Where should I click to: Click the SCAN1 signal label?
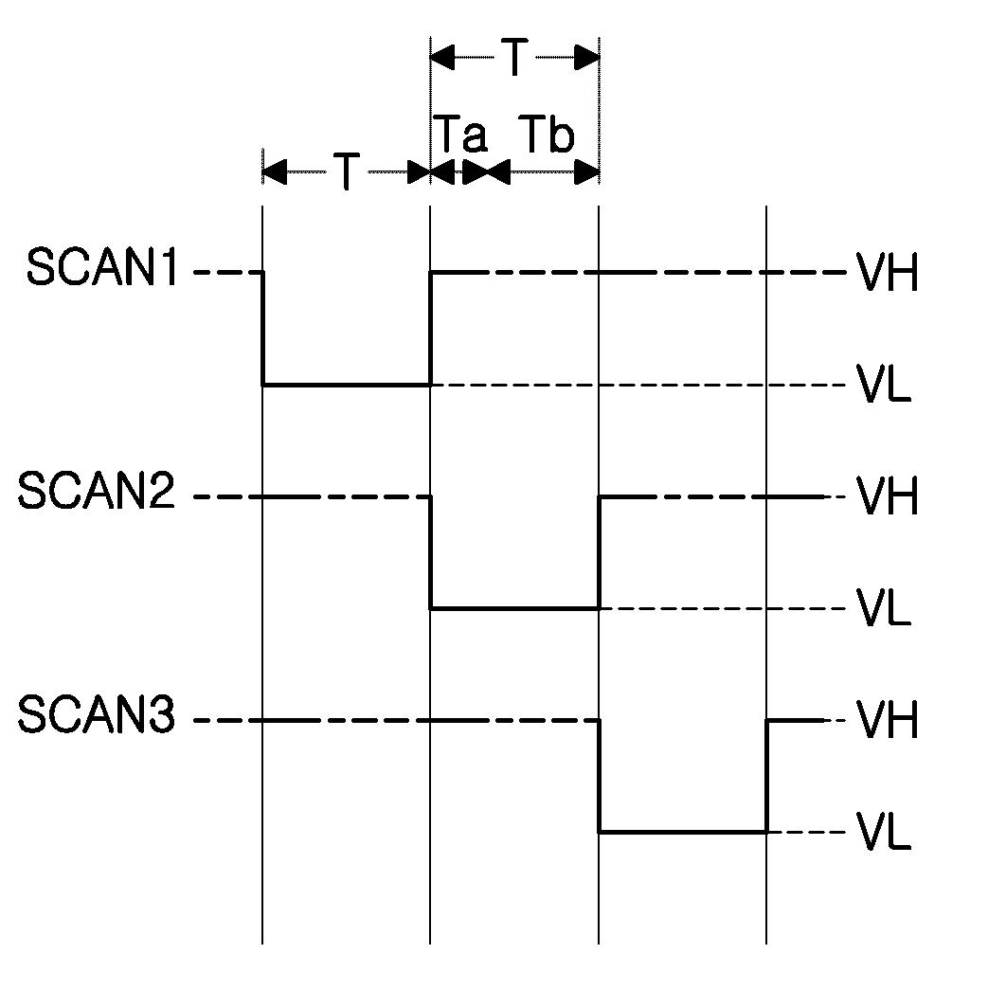point(102,268)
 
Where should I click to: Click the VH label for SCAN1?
point(888,275)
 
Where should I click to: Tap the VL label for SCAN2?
point(885,609)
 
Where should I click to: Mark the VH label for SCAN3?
point(888,722)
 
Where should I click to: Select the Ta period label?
point(460,135)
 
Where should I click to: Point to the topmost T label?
point(513,59)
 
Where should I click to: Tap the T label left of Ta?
point(347,172)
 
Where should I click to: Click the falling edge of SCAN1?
point(262,329)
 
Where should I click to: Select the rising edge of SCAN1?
point(430,329)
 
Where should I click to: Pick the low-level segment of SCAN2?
point(514,608)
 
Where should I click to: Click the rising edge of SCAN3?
point(766,776)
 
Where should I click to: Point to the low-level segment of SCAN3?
point(682,832)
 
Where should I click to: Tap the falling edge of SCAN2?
point(431,552)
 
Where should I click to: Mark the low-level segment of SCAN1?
point(347,385)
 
